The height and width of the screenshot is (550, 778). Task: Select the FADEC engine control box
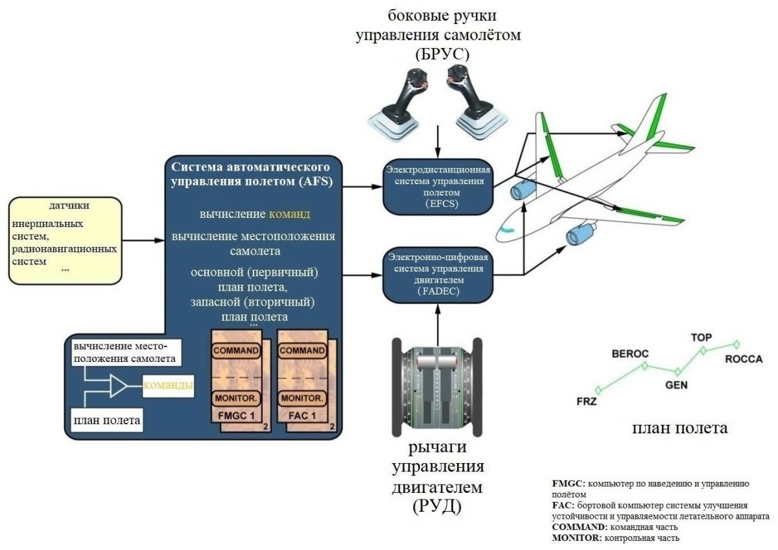[438, 275]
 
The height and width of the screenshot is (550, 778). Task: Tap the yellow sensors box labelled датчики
[65, 241]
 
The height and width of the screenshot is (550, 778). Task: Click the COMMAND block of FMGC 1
[236, 350]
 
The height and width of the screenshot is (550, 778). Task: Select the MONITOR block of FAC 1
[301, 397]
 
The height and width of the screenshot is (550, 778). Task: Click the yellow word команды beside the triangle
[169, 386]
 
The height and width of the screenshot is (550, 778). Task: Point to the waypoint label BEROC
[630, 354]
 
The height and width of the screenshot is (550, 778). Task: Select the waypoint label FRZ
[586, 401]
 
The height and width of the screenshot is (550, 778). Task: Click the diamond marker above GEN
[677, 372]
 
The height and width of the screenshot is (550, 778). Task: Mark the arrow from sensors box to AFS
[143, 241]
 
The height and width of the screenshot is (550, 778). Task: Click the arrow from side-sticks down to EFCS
[438, 140]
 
